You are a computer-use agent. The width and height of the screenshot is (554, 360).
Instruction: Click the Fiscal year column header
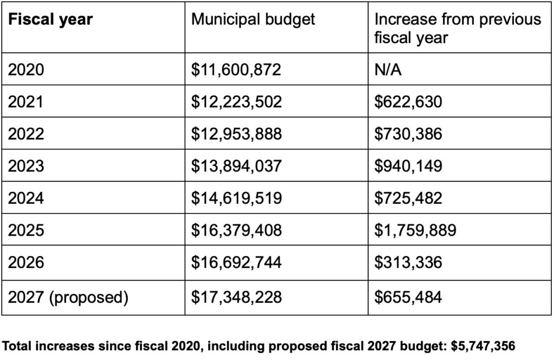[50, 19]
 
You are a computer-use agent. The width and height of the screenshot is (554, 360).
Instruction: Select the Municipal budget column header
[253, 19]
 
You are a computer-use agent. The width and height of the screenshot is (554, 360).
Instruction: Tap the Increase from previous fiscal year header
[458, 28]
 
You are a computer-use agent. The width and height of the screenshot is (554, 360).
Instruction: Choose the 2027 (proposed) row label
[68, 296]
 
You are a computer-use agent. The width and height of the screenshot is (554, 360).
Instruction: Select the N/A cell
[388, 69]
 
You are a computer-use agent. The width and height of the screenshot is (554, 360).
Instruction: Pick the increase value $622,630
[408, 101]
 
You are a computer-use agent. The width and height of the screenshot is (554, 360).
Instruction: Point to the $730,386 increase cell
[408, 133]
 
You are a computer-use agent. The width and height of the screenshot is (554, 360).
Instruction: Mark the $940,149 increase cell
[408, 165]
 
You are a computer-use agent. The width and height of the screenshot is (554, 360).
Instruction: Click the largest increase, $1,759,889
[415, 230]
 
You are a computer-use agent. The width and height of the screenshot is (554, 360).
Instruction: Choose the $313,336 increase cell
[408, 263]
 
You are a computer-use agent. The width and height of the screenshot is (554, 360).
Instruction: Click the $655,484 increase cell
[408, 296]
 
